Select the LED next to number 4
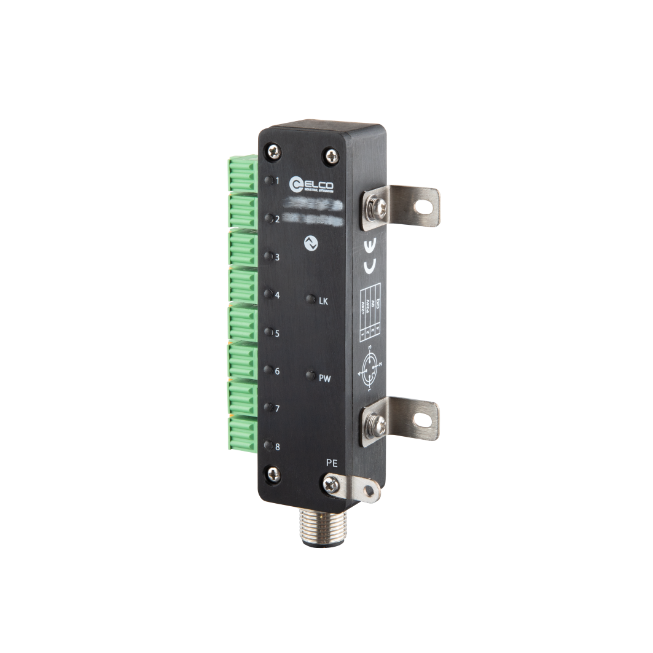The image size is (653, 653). [x=268, y=294]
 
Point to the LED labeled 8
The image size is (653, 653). [x=268, y=445]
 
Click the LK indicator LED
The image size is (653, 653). [x=311, y=299]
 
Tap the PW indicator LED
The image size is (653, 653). [x=311, y=375]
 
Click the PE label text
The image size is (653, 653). [x=330, y=463]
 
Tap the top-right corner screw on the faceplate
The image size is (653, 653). [x=330, y=156]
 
